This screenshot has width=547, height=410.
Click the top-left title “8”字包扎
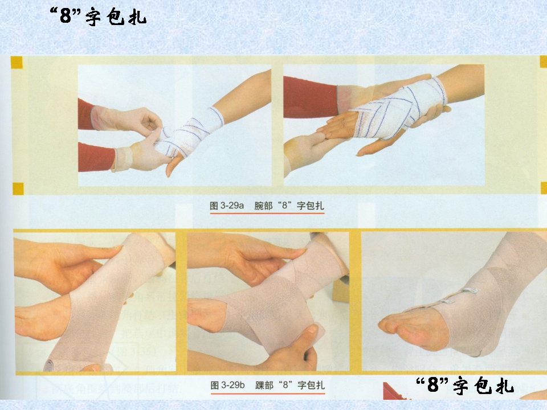click(x=98, y=17)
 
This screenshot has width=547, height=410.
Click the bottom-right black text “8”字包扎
click(x=465, y=385)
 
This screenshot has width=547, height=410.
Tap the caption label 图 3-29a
click(x=227, y=206)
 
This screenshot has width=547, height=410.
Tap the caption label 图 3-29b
click(x=227, y=385)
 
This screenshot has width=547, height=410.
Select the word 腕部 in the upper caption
click(x=263, y=206)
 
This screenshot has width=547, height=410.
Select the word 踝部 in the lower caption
click(x=264, y=385)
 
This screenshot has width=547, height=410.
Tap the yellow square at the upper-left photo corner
click(x=17, y=63)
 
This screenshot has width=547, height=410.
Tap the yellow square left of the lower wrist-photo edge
click(x=18, y=188)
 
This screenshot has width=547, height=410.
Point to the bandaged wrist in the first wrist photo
click(x=190, y=133)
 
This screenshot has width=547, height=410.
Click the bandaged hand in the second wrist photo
click(x=398, y=108)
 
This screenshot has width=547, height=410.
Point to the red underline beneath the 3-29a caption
click(x=267, y=213)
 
